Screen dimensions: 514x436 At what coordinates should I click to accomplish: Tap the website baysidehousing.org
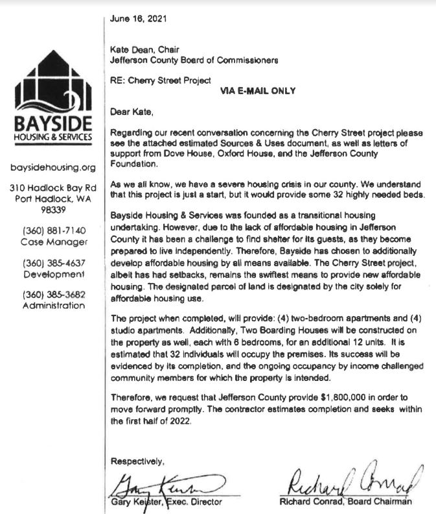(54, 167)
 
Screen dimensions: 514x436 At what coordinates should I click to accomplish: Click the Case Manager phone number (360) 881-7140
(54, 230)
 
